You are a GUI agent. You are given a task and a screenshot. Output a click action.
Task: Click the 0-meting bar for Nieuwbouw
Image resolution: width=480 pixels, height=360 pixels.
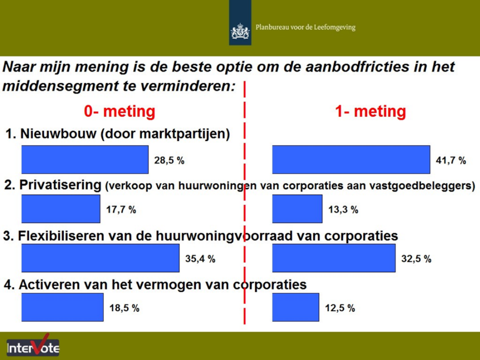[85, 159]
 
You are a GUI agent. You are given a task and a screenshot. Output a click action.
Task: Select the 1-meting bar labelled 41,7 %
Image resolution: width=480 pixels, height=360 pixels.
[351, 159]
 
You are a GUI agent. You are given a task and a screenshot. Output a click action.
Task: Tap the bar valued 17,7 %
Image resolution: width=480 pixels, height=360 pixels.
[60, 209]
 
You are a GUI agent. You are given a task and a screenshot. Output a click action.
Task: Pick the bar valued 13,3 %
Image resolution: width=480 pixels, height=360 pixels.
[297, 209]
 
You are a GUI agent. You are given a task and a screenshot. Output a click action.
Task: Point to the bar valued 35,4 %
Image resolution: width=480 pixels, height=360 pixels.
[100, 258]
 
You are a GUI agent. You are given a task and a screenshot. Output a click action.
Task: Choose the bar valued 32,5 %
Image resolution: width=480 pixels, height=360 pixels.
[334, 258]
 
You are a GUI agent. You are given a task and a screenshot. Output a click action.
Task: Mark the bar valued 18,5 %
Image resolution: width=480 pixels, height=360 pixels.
[62, 307]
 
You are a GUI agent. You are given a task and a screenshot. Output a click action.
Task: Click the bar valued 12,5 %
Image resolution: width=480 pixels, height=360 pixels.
[296, 307]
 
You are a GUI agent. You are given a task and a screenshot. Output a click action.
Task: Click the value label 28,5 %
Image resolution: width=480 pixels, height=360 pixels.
[169, 160]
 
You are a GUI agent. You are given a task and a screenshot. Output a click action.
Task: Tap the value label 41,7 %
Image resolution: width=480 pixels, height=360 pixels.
[451, 160]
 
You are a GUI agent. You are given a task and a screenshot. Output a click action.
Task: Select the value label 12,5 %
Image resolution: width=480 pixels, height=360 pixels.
[340, 308]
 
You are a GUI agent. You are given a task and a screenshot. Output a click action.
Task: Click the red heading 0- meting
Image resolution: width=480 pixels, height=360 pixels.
[120, 111]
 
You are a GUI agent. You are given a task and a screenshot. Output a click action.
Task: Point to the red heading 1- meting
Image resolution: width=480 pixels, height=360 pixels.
[371, 111]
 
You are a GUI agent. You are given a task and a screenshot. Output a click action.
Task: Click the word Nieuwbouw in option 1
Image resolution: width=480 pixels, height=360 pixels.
[58, 134]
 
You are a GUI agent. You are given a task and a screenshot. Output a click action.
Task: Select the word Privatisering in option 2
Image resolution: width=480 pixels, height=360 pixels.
[60, 185]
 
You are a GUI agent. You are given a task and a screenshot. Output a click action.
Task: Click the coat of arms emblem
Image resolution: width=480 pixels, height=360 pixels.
[240, 31]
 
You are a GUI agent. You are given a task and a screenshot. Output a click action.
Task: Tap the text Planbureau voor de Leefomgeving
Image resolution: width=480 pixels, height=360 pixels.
[306, 28]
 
